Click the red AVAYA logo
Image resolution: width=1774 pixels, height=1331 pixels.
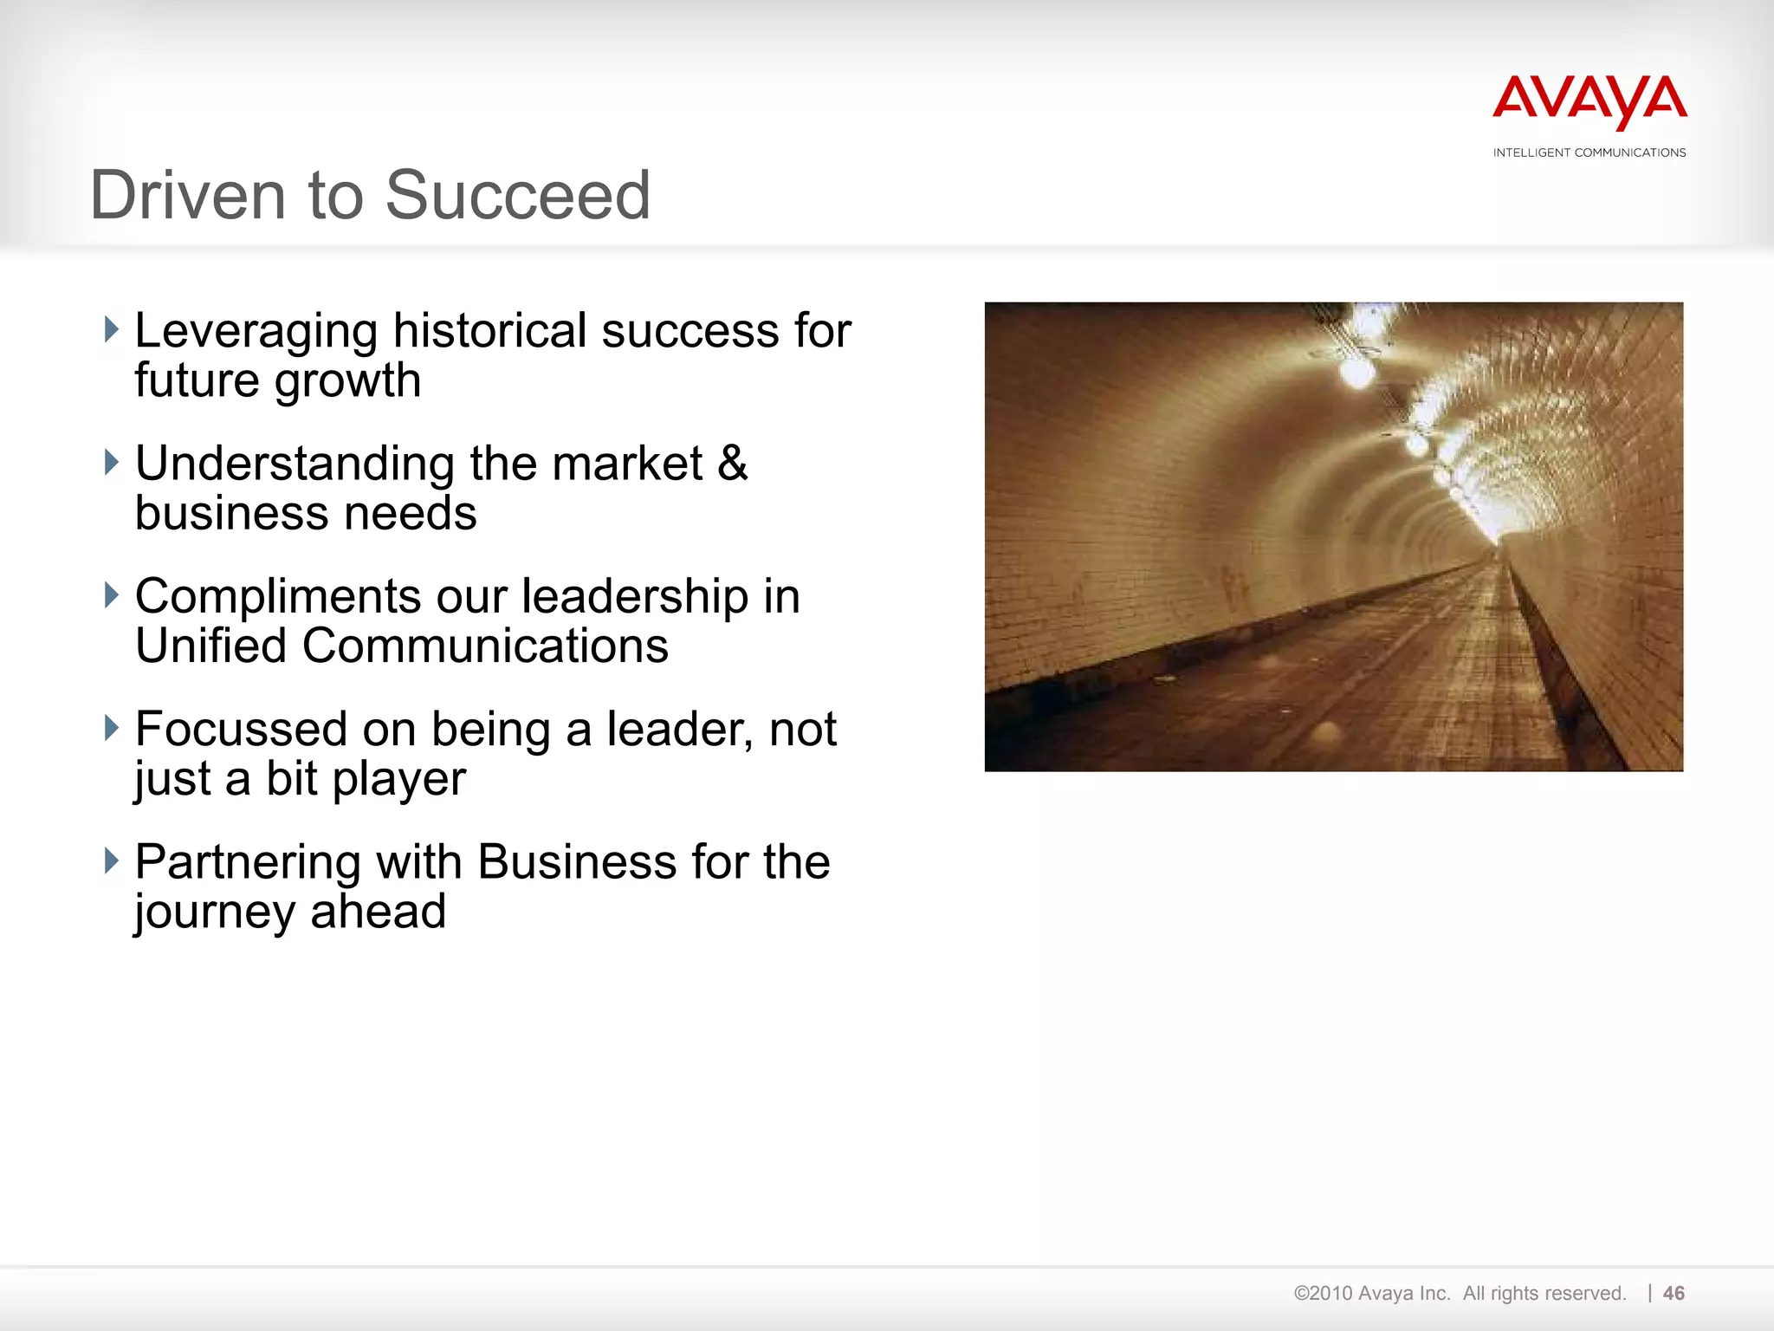click(1589, 101)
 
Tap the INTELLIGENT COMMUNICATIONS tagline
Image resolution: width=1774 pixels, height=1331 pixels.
click(1589, 153)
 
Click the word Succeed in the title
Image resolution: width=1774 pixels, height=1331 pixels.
click(517, 195)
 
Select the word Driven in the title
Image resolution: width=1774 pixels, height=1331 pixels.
click(188, 195)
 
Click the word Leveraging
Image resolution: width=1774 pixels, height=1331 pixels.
click(256, 332)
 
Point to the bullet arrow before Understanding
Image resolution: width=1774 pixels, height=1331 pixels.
click(111, 462)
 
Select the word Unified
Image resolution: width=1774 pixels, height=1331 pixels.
click(210, 646)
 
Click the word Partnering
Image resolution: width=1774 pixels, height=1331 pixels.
click(247, 862)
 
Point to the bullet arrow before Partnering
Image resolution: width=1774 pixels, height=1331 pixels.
click(111, 860)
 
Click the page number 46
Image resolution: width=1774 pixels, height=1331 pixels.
click(1674, 1293)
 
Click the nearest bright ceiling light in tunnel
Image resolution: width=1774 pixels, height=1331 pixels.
click(1357, 373)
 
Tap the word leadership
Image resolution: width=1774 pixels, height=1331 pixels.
click(634, 596)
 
